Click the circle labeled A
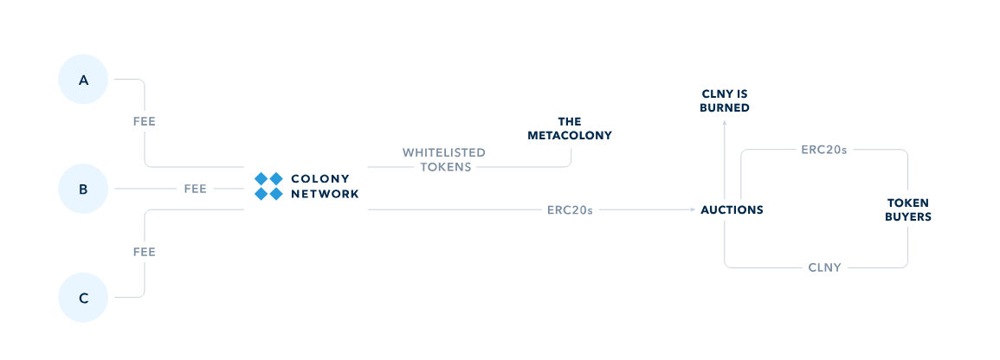click(x=84, y=80)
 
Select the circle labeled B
click(x=84, y=189)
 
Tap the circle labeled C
click(x=84, y=298)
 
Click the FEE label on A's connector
click(x=145, y=122)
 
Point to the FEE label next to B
click(x=195, y=189)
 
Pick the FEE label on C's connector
click(x=145, y=252)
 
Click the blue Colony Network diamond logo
click(x=268, y=186)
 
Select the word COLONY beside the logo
click(x=320, y=179)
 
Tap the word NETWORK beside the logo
click(x=325, y=195)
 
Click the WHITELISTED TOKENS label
click(x=444, y=159)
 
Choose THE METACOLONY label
click(x=569, y=128)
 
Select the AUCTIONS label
click(x=732, y=209)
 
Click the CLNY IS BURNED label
click(x=725, y=100)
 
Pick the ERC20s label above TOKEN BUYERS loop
click(x=823, y=150)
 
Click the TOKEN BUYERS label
click(x=907, y=209)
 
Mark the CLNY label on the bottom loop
click(x=823, y=267)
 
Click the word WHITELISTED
click(x=444, y=152)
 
